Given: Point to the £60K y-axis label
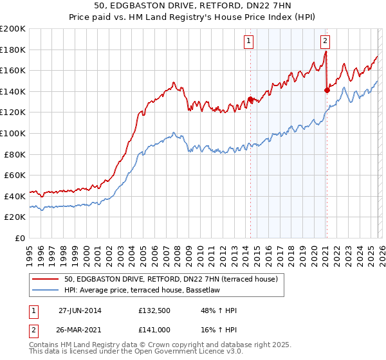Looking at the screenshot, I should coord(15,175).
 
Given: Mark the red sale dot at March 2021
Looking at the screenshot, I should coord(327,90).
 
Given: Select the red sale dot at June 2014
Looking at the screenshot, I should coord(250,99).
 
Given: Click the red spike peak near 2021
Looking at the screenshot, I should coord(326,52).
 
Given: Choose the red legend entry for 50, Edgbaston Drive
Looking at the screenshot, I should coord(170,279).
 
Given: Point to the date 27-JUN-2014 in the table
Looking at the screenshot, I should coord(80,310).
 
